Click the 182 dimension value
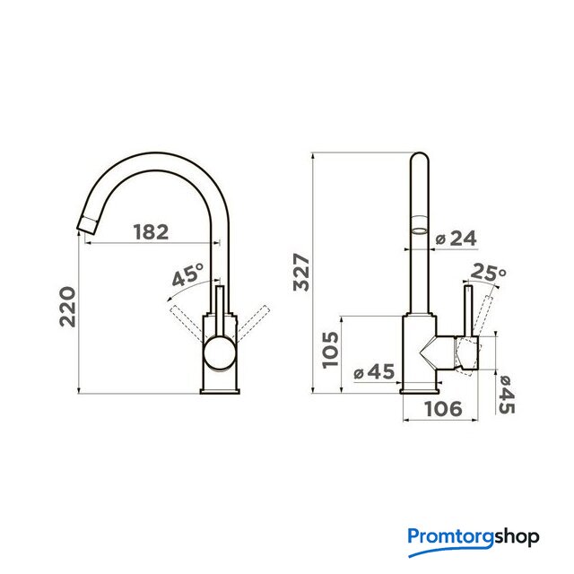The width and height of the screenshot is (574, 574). click(x=151, y=232)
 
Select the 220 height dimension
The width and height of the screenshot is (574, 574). click(x=67, y=307)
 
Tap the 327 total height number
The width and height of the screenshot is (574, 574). click(x=301, y=272)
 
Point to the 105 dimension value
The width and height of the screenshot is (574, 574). click(x=330, y=350)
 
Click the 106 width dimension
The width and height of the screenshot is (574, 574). click(x=443, y=409)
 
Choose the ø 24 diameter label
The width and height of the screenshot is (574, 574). click(x=457, y=239)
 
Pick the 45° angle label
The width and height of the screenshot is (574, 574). click(x=187, y=274)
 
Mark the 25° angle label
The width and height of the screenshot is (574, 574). click(x=488, y=272)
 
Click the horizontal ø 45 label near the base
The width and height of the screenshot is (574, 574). click(x=374, y=372)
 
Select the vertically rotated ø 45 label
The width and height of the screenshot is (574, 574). click(x=506, y=395)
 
